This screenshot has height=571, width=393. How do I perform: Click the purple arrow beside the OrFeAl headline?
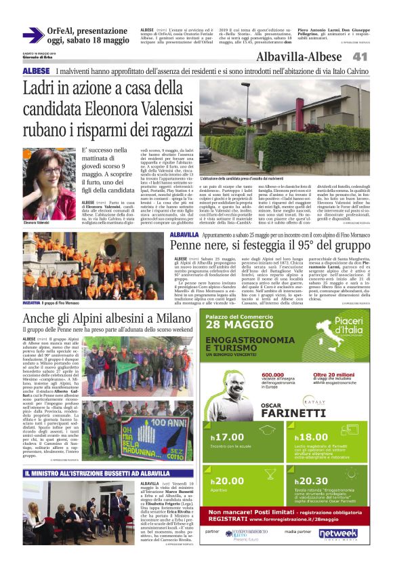(33, 35)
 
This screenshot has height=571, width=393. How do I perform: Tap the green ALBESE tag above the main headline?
(35, 71)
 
